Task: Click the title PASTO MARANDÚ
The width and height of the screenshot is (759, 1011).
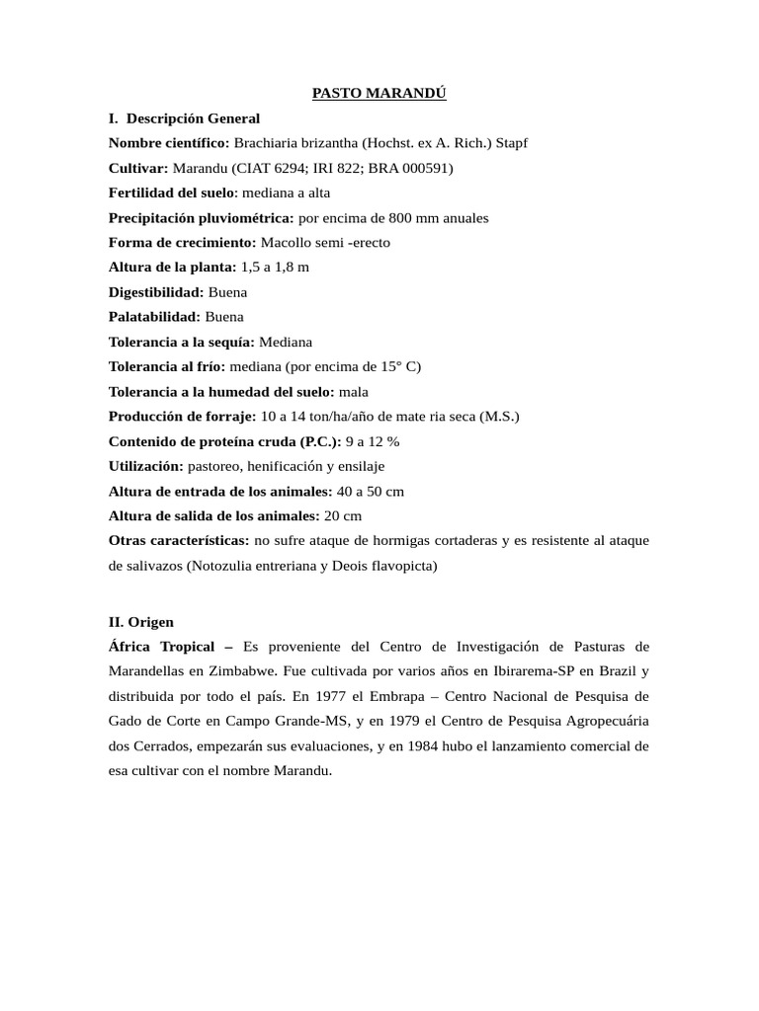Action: pos(379,93)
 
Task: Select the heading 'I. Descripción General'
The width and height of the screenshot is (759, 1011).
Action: pos(184,118)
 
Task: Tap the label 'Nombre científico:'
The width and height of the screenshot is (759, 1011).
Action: pos(169,143)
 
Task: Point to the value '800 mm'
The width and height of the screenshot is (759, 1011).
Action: pos(386,217)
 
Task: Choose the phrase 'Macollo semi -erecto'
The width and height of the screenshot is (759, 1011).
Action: pos(325,242)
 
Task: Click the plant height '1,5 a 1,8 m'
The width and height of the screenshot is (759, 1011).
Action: pos(275,267)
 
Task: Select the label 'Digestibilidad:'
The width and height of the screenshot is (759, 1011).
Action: pos(156,292)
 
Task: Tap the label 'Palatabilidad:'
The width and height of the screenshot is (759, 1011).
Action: pos(154,317)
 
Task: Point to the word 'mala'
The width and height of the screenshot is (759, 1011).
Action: pos(353,392)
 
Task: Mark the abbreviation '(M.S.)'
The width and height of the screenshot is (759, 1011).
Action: pos(499,417)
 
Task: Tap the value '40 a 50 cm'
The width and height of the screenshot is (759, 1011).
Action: pos(371,491)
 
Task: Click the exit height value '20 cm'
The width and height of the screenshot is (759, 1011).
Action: pos(343,515)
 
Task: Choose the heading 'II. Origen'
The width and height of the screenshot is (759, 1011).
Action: pos(141,622)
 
